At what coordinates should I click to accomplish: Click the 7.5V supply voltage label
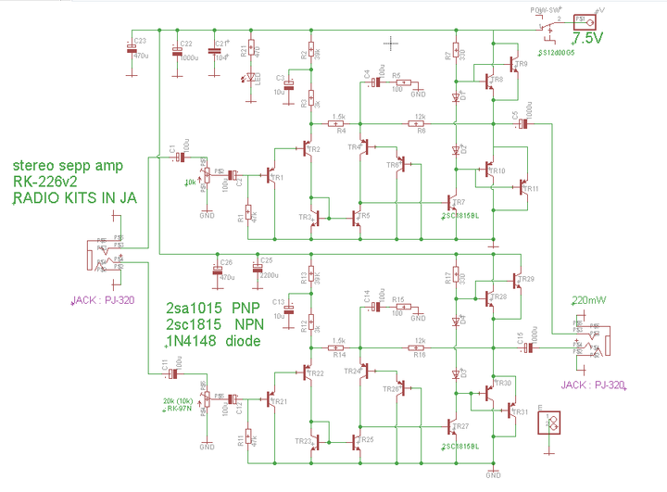tap(590, 39)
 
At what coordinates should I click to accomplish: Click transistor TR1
tap(272, 175)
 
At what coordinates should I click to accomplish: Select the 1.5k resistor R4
tap(338, 123)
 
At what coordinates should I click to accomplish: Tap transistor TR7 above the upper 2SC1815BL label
tap(451, 202)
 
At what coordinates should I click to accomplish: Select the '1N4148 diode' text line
tap(212, 340)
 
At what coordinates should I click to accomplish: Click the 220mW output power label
tap(591, 301)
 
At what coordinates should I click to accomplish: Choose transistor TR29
tap(516, 281)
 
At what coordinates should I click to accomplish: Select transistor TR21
tap(272, 399)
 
